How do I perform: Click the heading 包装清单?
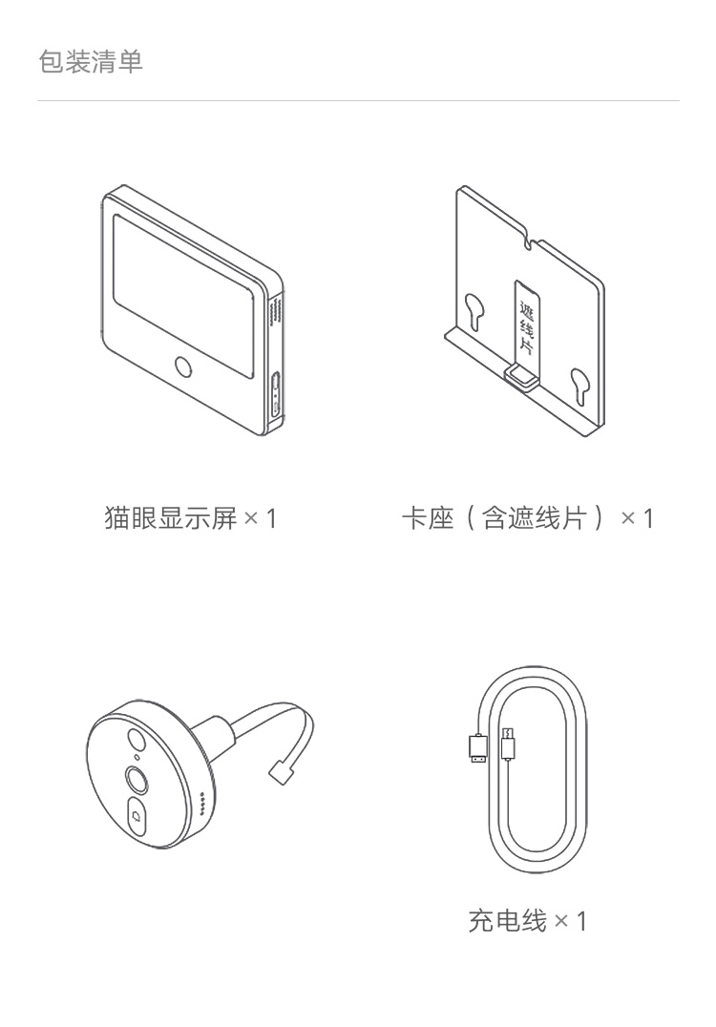point(91,63)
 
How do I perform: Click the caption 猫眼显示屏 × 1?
point(189,518)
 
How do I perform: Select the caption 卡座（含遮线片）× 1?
point(528,518)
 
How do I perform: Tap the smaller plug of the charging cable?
point(508,744)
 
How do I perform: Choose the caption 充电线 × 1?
point(527,921)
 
